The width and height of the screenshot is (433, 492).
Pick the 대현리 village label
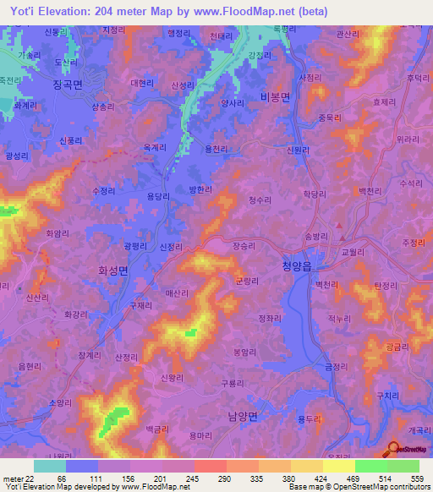coord(142,83)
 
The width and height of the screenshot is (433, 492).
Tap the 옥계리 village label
coord(155,146)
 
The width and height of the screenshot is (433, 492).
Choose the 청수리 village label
coord(260,200)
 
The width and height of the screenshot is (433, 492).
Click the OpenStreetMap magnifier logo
coord(395,450)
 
